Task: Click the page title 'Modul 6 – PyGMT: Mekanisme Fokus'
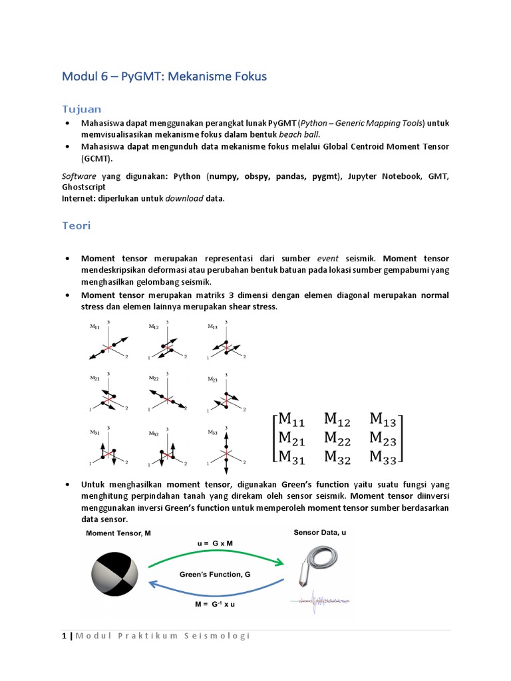(164, 76)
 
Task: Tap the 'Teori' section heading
(76, 225)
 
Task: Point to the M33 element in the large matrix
(384, 456)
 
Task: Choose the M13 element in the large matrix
(384, 419)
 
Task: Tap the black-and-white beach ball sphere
(114, 575)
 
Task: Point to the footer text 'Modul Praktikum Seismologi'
(162, 636)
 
